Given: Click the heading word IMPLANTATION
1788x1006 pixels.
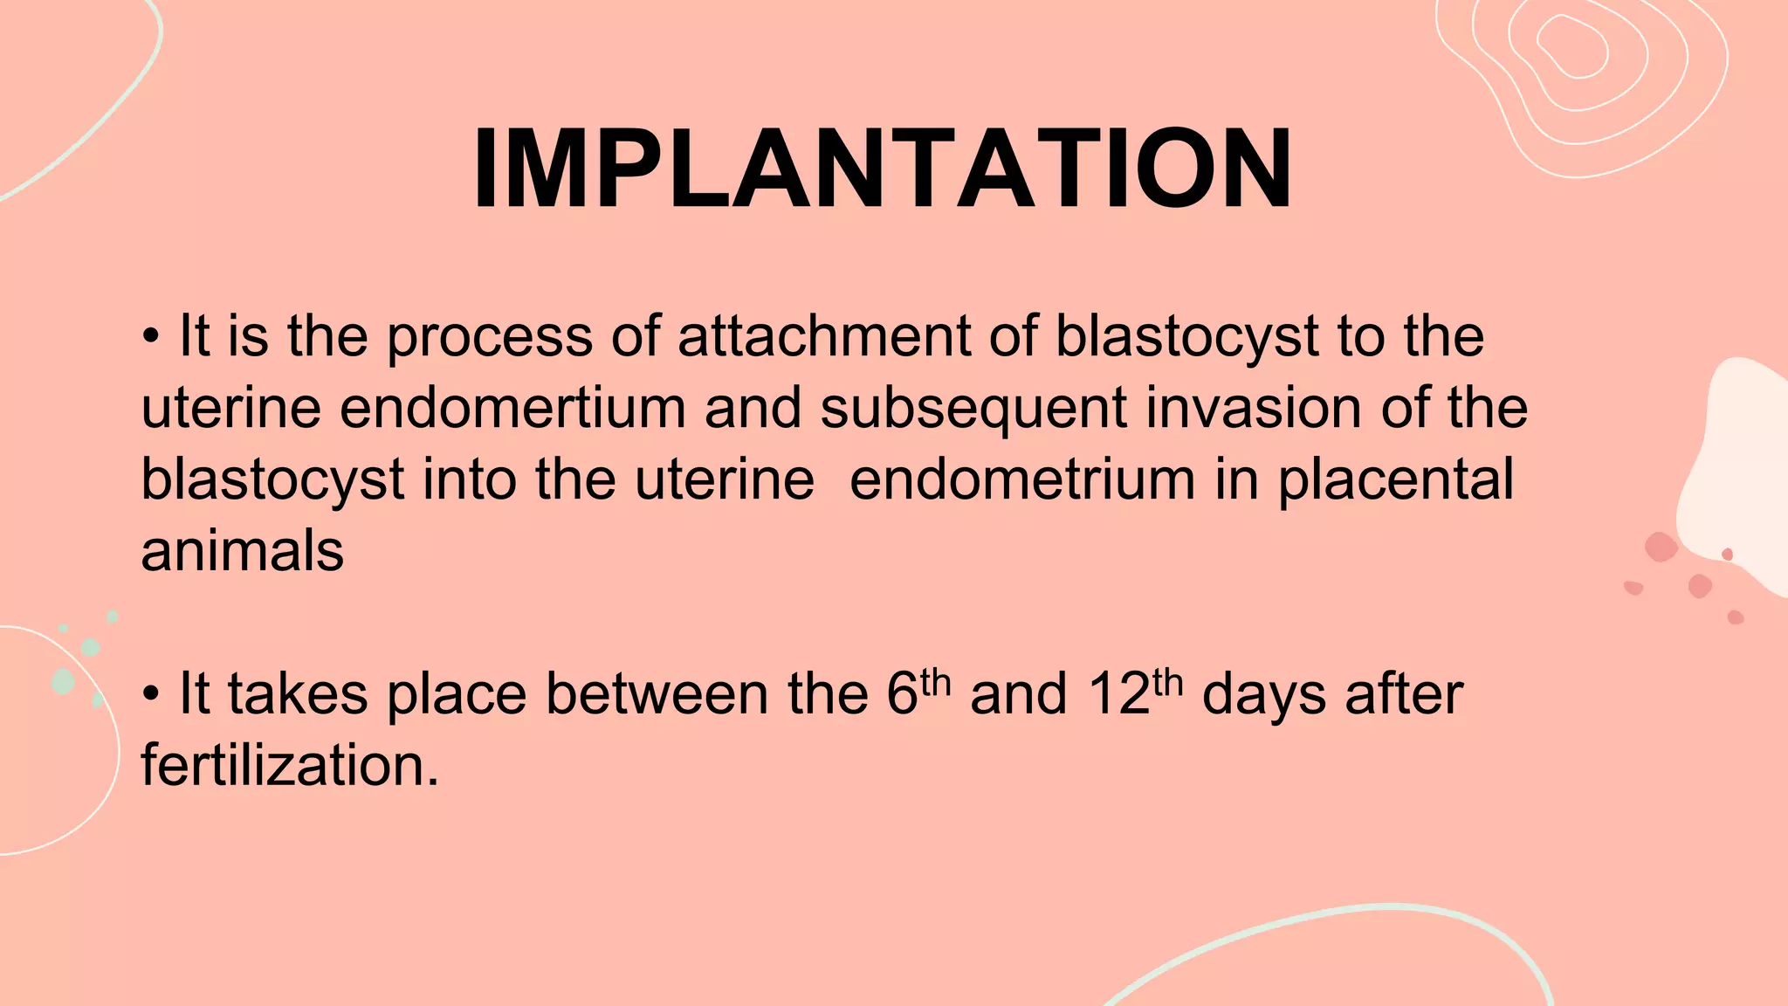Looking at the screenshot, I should [882, 169].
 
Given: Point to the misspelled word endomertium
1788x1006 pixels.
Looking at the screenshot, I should [512, 408].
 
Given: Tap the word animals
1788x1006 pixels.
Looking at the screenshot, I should [243, 552].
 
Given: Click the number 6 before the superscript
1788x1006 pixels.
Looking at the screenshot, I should [902, 695].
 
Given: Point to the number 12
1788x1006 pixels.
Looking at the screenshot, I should [1118, 695].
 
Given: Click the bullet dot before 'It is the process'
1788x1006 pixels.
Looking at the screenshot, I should [151, 337].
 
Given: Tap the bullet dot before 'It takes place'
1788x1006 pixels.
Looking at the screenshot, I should [151, 695].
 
